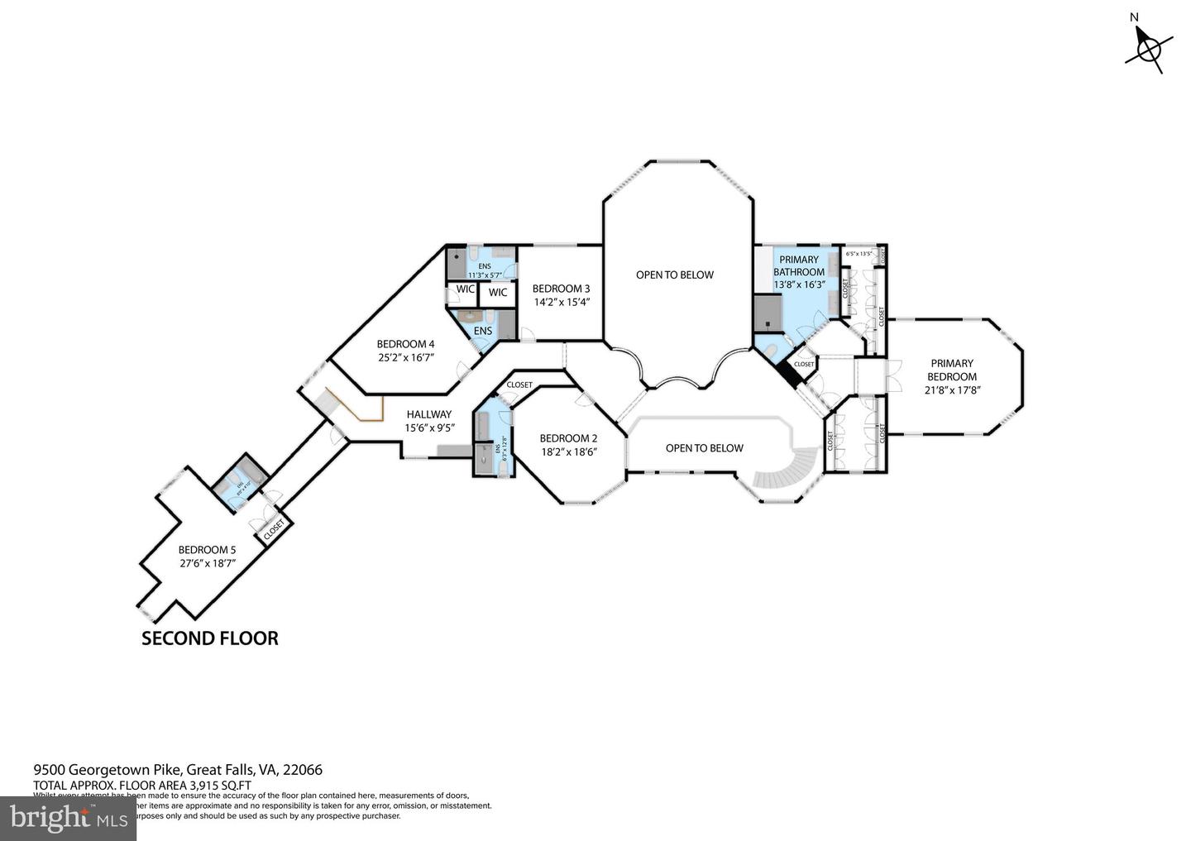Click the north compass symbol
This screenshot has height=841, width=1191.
1148,48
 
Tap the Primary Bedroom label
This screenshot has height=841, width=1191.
951,370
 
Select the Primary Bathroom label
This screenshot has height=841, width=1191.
798,265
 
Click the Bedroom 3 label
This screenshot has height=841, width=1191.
561,289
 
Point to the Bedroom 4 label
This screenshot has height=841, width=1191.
405,344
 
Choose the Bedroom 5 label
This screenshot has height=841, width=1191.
207,550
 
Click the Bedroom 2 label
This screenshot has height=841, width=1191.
568,438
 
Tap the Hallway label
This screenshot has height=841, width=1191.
428,414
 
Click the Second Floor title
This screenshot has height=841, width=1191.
209,638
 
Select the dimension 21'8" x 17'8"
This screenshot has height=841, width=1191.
951,389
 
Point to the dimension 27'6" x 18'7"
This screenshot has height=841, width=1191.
207,563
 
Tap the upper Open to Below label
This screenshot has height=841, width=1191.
674,275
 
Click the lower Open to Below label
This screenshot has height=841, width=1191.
704,448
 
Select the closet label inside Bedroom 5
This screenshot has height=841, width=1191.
274,529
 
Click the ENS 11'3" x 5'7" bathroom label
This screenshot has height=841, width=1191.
484,270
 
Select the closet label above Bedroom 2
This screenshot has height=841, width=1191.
519,385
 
